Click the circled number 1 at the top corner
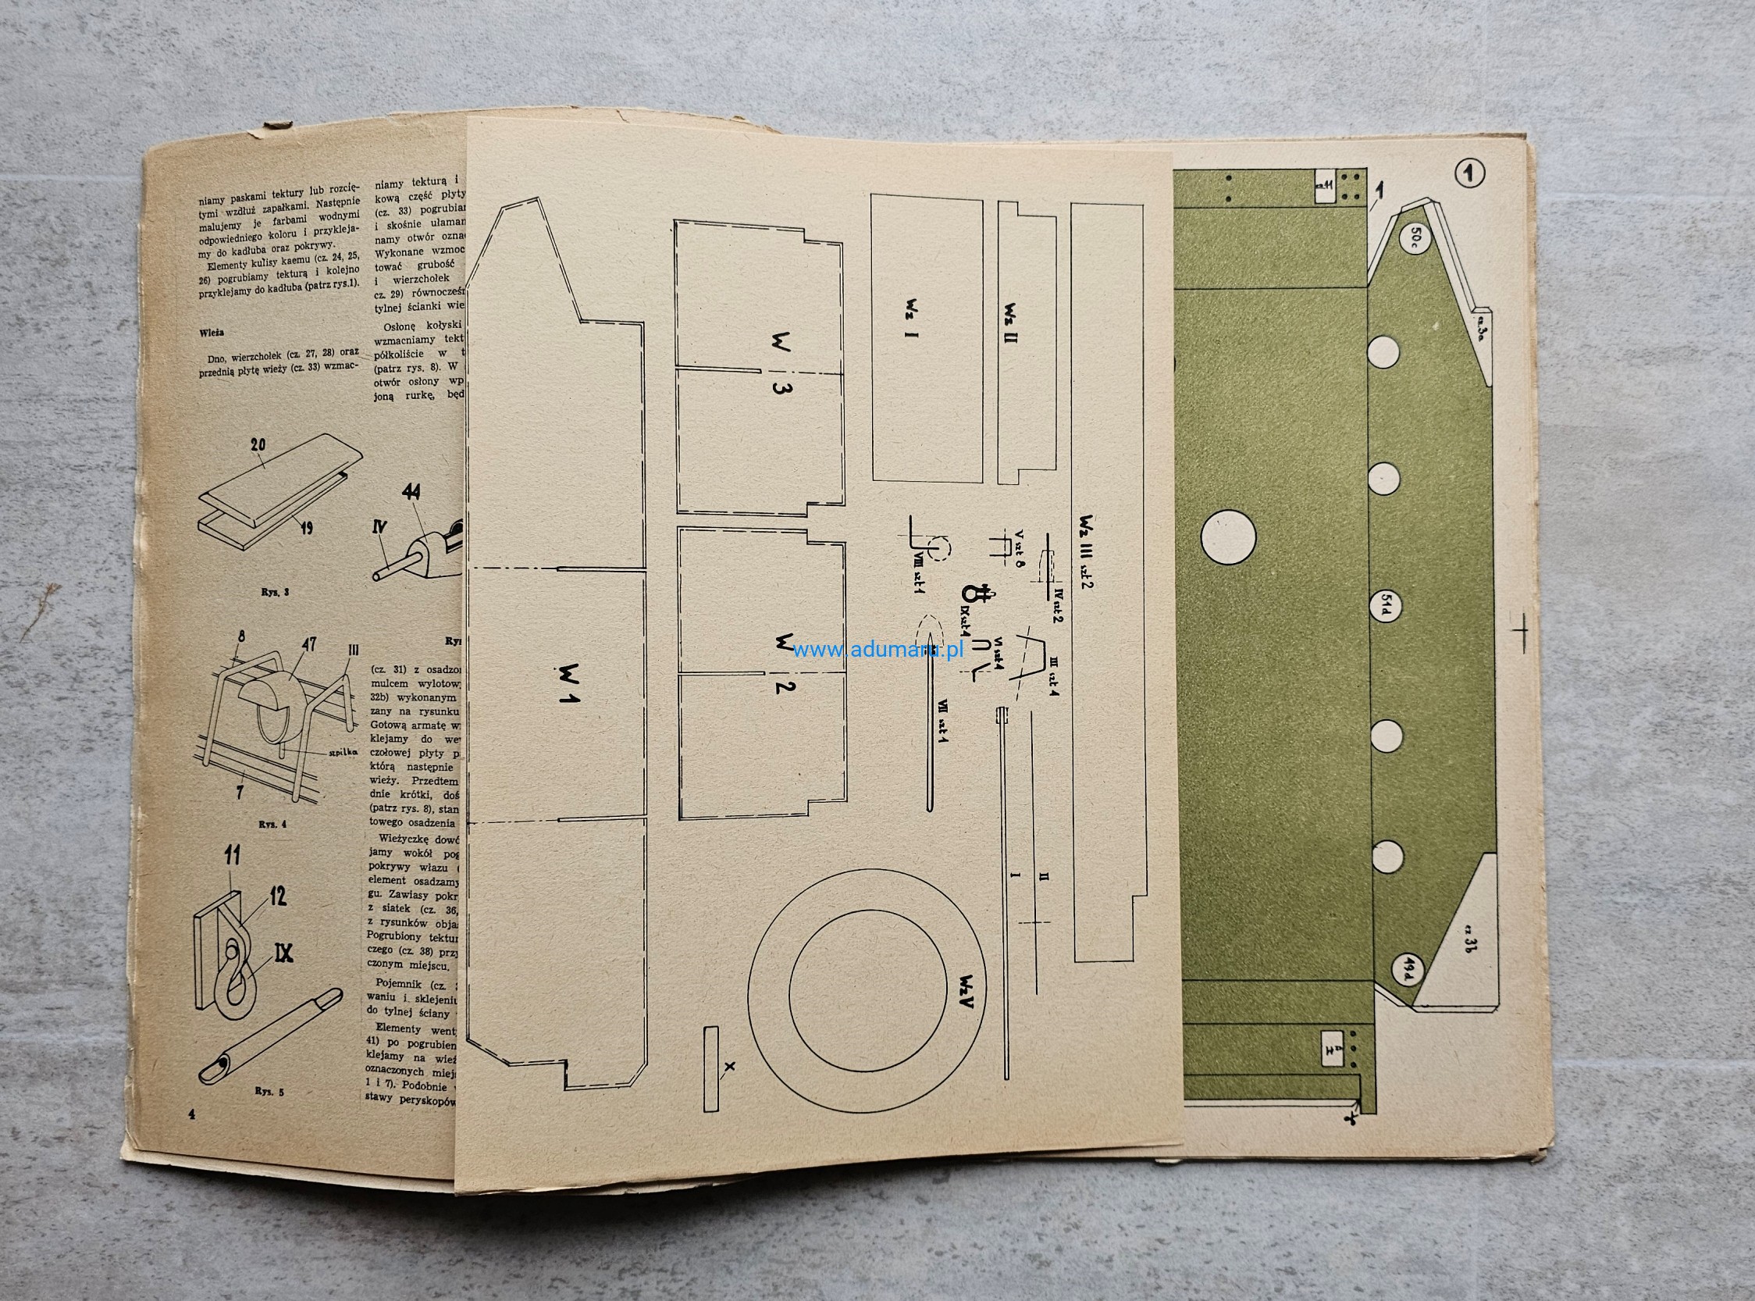click(1468, 173)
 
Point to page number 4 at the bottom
click(190, 1114)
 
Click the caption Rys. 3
click(275, 590)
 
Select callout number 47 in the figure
click(308, 645)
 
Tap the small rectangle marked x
click(712, 1066)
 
